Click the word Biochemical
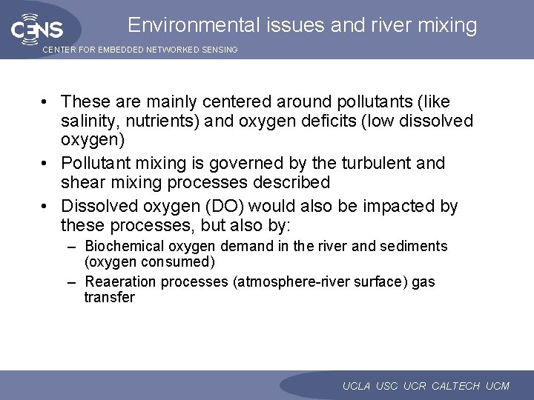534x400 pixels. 127,246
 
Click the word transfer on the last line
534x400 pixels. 110,298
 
